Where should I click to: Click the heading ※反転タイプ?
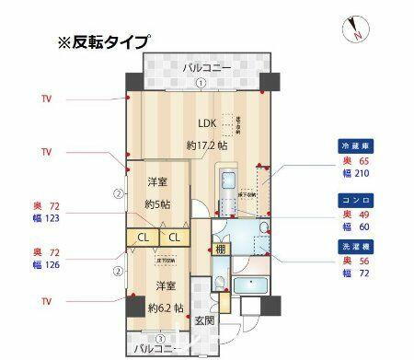102,43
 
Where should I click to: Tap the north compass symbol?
354,29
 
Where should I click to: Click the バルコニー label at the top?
201,67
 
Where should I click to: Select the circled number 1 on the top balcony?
200,83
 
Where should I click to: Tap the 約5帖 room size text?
159,203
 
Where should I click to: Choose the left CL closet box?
144,238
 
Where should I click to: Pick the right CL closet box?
175,238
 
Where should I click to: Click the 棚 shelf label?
222,249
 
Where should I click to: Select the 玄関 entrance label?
204,320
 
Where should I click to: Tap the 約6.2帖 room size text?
166,307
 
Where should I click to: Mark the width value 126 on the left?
52,265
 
